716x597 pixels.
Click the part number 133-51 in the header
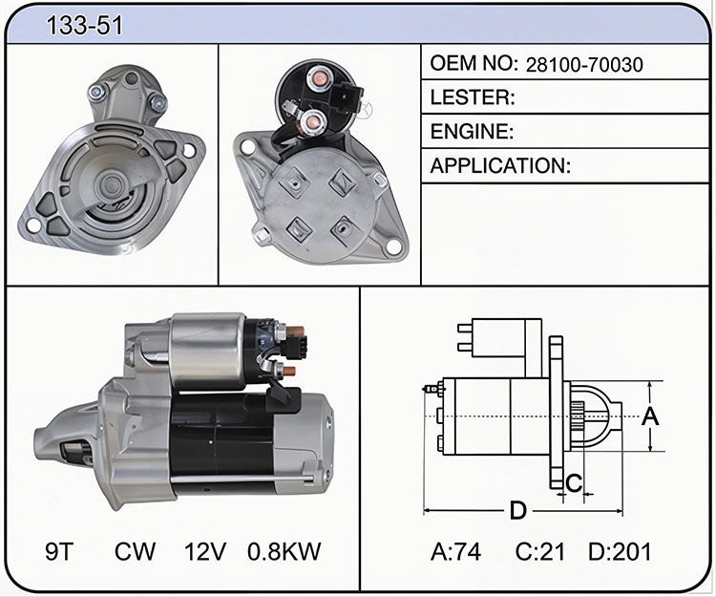click(x=84, y=25)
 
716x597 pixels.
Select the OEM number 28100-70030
click(x=584, y=65)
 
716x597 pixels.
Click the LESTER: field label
click(x=473, y=97)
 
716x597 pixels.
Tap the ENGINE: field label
click(x=472, y=132)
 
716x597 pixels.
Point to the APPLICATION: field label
click(x=500, y=165)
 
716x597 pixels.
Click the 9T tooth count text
click(x=59, y=551)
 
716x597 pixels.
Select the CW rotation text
click(x=135, y=551)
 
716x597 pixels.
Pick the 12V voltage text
click(x=205, y=551)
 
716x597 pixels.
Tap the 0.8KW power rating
click(x=284, y=551)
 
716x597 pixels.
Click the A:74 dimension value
click(x=455, y=551)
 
